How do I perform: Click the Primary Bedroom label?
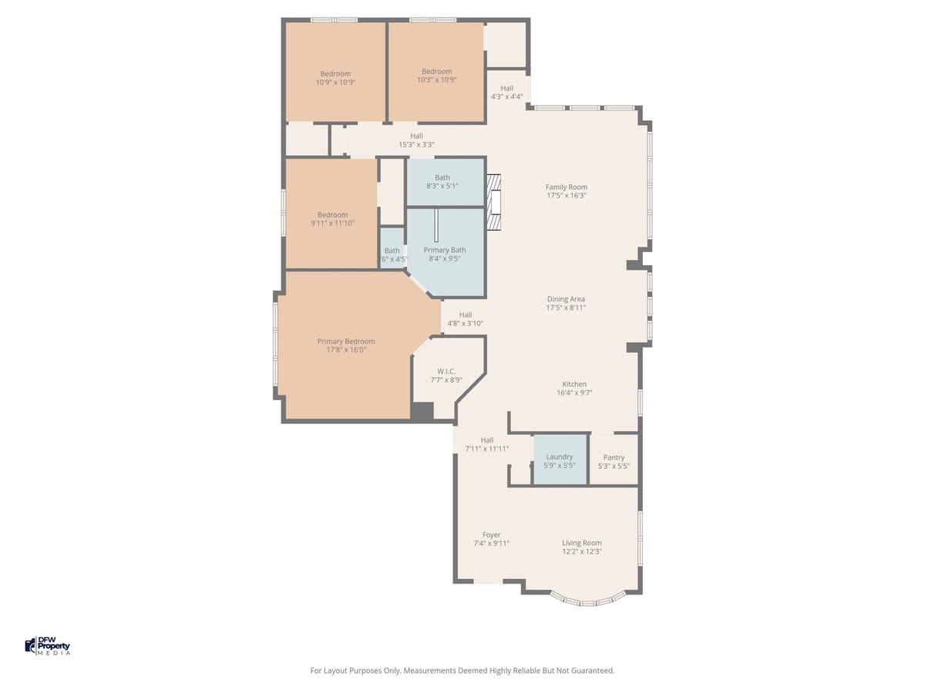point(346,342)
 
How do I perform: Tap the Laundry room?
point(560,460)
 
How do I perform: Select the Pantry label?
point(614,457)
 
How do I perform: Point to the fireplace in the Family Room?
point(494,202)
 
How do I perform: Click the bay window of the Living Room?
point(587,598)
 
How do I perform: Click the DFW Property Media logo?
point(48,646)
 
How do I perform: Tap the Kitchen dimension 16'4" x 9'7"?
point(574,392)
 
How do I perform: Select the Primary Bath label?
point(445,250)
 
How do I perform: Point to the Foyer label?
point(491,534)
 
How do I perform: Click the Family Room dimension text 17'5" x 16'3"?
point(567,196)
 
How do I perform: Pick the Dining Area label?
point(566,299)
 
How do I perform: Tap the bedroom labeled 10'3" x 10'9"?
point(436,76)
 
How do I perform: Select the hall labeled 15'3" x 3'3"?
point(416,140)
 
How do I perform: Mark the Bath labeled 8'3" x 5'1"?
point(442,182)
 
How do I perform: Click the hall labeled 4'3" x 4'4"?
point(506,93)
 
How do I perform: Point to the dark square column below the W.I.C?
point(422,412)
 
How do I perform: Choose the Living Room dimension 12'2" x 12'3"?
point(581,551)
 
